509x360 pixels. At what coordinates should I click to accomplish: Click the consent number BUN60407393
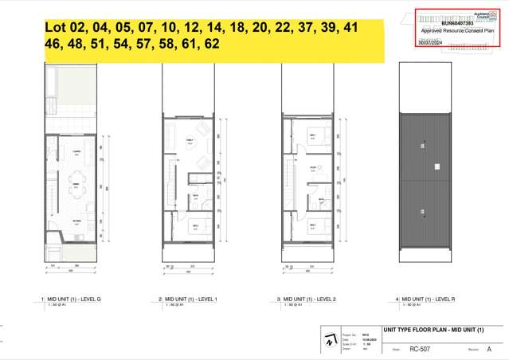440,24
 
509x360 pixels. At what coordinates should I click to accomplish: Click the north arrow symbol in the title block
330,341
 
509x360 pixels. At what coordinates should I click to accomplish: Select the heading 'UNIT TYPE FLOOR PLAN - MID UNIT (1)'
433,331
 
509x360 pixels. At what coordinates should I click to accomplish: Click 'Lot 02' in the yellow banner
65,29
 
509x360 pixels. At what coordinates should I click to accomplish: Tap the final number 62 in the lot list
211,45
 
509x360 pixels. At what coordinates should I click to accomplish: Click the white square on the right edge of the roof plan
437,166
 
